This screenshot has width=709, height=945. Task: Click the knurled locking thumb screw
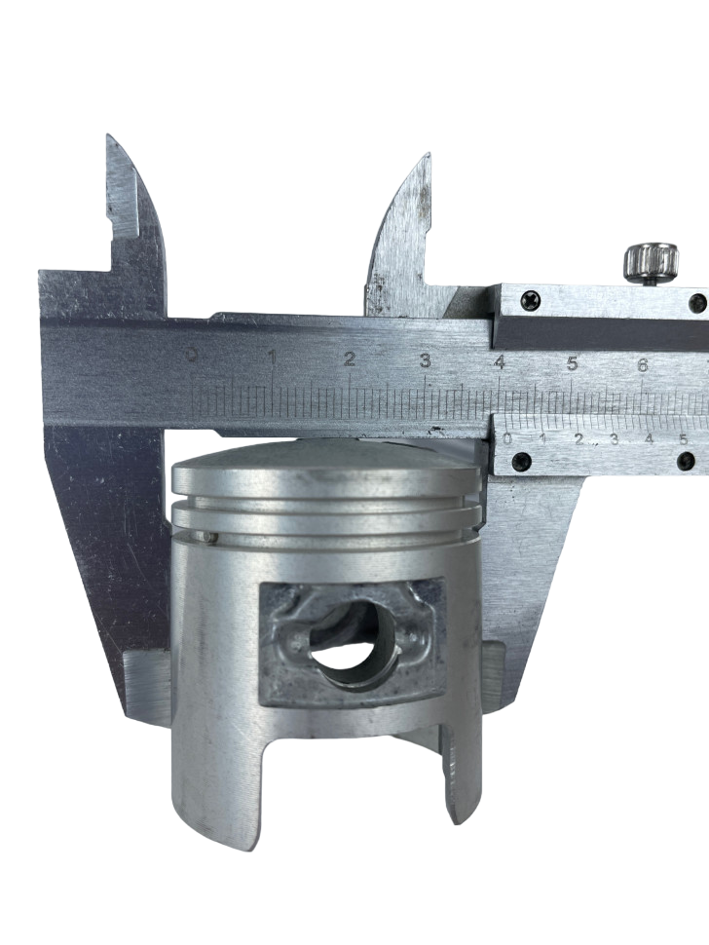click(652, 263)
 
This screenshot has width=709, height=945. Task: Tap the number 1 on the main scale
click(273, 359)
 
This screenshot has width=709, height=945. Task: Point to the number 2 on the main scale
click(350, 359)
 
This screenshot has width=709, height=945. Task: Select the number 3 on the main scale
click(426, 360)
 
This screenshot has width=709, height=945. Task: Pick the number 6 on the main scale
click(643, 364)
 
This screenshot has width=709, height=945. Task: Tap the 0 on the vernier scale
click(507, 438)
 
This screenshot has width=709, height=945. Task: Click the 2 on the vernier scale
click(578, 438)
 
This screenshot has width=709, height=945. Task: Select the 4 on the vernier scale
click(649, 438)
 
